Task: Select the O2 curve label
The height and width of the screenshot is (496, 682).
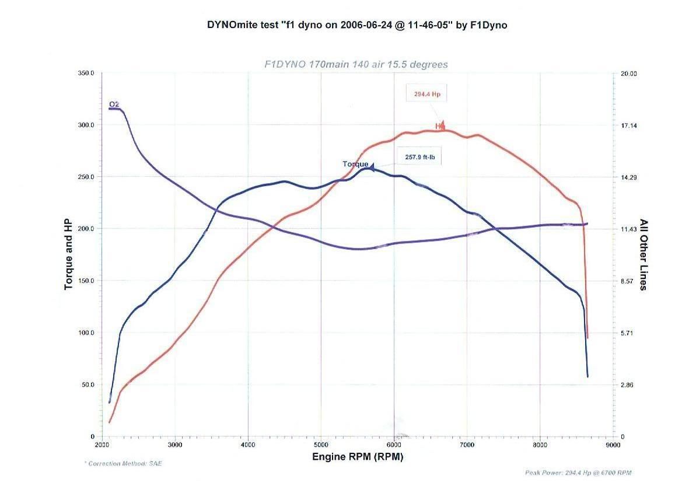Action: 114,104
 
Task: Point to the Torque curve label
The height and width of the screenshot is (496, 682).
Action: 355,164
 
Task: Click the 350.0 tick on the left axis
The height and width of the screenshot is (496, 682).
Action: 86,73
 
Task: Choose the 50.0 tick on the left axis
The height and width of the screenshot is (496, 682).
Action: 88,385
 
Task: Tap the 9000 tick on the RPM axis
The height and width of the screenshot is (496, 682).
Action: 613,445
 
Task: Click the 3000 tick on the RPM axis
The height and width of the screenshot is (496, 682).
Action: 175,445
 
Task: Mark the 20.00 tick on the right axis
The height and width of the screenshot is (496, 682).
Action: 628,74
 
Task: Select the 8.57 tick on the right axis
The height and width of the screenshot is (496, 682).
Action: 627,281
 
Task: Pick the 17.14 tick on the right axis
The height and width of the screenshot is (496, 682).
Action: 628,125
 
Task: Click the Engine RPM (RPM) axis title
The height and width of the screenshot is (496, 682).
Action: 357,456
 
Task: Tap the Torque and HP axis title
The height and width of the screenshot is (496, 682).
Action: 68,255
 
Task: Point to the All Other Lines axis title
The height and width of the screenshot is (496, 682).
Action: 644,254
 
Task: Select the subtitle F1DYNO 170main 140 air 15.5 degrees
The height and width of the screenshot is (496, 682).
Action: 356,64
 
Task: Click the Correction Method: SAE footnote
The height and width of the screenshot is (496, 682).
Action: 123,463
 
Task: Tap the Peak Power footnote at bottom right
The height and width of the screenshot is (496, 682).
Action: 578,473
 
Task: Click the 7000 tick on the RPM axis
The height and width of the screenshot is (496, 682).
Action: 467,445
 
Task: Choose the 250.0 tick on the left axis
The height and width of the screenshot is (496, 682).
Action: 86,177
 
